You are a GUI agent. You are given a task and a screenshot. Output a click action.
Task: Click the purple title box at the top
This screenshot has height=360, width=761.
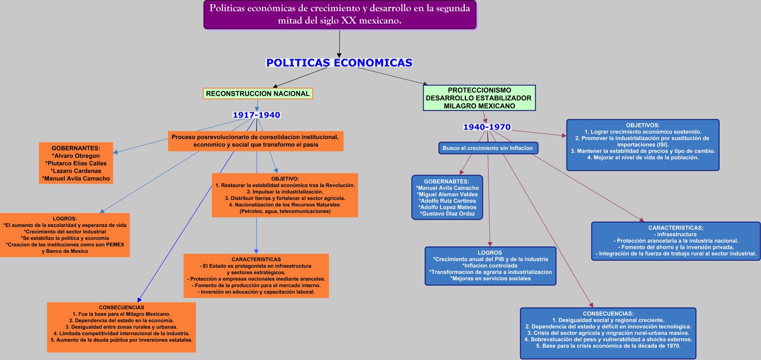[x=340, y=15]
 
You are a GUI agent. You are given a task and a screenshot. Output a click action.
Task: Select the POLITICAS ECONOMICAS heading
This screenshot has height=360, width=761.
[x=339, y=63]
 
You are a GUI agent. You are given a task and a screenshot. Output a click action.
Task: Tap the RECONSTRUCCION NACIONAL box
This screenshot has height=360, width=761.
[x=258, y=94]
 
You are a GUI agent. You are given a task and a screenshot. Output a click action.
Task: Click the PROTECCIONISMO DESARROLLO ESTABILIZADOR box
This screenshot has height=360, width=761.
[x=479, y=98]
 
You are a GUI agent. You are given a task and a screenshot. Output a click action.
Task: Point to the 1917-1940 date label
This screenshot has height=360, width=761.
[x=256, y=115]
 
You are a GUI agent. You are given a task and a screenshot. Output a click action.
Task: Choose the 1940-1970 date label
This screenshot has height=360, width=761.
[x=487, y=127]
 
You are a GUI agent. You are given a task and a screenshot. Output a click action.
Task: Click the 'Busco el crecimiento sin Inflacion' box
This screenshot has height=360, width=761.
[x=488, y=148]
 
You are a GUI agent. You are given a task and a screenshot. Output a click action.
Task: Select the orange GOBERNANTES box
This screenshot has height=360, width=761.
[x=76, y=163]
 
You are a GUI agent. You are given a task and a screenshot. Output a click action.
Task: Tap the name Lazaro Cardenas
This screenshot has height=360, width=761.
[x=76, y=171]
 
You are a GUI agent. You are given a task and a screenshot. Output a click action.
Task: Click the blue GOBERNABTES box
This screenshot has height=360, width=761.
[x=447, y=197]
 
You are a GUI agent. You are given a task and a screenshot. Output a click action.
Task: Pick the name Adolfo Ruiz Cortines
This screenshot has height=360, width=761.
[x=447, y=201]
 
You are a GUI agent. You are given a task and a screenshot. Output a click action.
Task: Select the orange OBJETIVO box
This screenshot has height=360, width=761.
[x=285, y=195]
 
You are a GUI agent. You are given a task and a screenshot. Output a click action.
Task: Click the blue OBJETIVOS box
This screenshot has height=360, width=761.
[x=643, y=145]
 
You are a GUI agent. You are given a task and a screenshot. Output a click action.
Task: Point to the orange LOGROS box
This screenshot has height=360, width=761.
[x=65, y=235]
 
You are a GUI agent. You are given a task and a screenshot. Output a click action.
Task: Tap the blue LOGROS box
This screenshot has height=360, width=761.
[x=490, y=266]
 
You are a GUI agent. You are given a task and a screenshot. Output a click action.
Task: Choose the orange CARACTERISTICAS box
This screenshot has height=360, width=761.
[x=256, y=275]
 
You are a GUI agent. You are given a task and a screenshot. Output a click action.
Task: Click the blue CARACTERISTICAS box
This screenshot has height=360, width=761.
[x=676, y=241]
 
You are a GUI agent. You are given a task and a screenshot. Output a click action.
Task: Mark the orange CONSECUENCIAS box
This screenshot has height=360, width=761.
[x=121, y=327]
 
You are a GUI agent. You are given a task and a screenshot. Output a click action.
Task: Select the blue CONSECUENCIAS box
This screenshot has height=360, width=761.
[x=608, y=333]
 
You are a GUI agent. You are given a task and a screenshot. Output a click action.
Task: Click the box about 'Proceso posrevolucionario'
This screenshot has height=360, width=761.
[x=255, y=141]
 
